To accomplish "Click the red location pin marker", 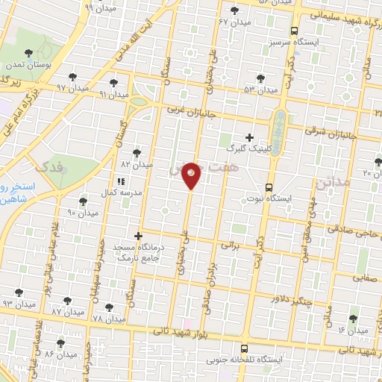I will tap(192, 175).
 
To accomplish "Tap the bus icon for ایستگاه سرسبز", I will tap(294, 31).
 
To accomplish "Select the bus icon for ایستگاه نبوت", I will tap(269, 188).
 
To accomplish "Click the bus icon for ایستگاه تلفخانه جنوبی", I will tap(245, 348).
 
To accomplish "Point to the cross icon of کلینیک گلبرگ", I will tap(249, 137).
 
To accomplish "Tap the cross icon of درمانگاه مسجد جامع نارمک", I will tap(138, 236).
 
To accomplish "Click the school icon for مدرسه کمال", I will tap(120, 181).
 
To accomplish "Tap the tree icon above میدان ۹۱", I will tap(113, 84).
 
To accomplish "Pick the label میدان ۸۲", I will tap(137, 163).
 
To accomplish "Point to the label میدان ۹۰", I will tap(83, 213).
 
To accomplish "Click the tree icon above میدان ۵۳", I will tap(260, 78).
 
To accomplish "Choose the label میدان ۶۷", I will tap(233, 22).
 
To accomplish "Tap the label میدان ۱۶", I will tap(353, 329).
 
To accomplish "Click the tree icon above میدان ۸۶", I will tap(60, 343).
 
